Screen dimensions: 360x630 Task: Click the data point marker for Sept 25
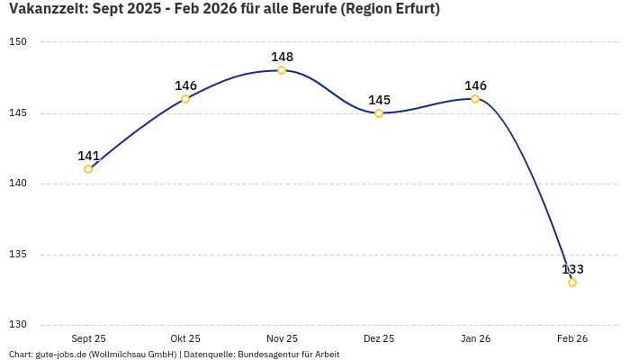(x=88, y=169)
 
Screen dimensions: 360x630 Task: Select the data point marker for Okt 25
(x=185, y=99)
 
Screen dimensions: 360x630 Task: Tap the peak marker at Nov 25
(x=282, y=70)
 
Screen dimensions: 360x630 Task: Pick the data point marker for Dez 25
(x=379, y=113)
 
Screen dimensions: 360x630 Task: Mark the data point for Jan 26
(x=475, y=99)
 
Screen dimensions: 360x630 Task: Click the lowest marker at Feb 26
(x=572, y=283)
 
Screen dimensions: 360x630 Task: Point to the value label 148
(x=282, y=57)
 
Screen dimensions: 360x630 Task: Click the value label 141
(x=88, y=156)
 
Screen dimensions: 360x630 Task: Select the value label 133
(x=572, y=269)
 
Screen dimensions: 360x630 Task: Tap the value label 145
(x=379, y=100)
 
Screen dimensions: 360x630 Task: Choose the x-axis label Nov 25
(x=282, y=338)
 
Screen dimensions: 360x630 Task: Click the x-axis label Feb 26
(x=572, y=338)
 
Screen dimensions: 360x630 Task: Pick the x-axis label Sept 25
(x=88, y=338)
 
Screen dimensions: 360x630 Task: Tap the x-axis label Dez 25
(x=379, y=338)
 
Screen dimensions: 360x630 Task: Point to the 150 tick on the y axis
(x=19, y=42)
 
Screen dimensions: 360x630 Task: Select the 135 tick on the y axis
(x=19, y=255)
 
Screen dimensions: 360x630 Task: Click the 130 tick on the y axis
(x=19, y=325)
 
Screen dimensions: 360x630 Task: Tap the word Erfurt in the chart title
(x=412, y=10)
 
